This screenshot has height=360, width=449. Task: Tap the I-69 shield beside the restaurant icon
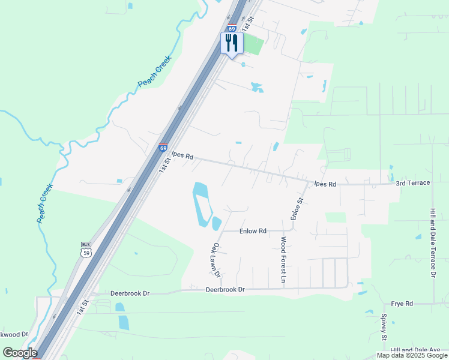232,28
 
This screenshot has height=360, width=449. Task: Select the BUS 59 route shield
85,249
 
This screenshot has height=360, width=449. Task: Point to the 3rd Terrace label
413,182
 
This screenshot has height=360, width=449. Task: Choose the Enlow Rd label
253,230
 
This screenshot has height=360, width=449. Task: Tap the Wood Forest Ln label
283,260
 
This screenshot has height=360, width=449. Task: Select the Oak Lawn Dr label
216,260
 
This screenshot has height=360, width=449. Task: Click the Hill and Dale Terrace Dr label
432,242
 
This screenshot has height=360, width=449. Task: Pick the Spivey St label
384,326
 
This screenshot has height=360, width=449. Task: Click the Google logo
20,353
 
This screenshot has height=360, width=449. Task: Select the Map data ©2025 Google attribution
411,355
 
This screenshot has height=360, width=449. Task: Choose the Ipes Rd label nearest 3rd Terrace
324,184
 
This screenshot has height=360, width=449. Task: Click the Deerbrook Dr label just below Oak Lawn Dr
226,289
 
